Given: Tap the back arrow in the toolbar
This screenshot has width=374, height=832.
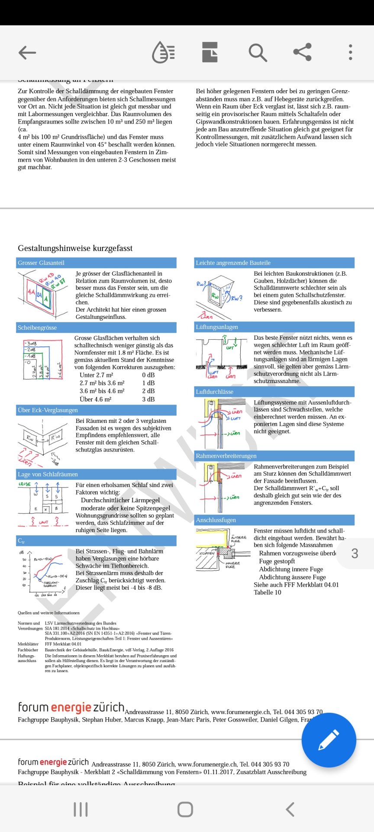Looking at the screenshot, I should (27, 53).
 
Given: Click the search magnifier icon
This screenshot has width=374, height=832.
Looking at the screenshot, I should (258, 53).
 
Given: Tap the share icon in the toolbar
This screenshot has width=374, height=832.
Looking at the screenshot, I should (303, 52).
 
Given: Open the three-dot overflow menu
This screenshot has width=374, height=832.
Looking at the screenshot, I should (350, 52).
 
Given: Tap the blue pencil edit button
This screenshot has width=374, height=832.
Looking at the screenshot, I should (329, 740).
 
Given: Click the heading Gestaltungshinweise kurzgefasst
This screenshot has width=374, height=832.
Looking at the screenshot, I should (75, 248).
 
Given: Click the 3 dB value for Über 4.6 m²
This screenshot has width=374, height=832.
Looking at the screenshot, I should (148, 399).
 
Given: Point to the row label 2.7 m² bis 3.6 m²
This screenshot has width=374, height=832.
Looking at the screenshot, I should (102, 383).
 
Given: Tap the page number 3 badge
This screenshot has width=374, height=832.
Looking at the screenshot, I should (355, 553).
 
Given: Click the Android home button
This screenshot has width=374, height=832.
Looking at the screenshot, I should (185, 809).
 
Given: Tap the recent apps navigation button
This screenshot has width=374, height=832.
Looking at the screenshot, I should (81, 809).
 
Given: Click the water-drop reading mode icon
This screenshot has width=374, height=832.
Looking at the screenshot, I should (164, 53).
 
